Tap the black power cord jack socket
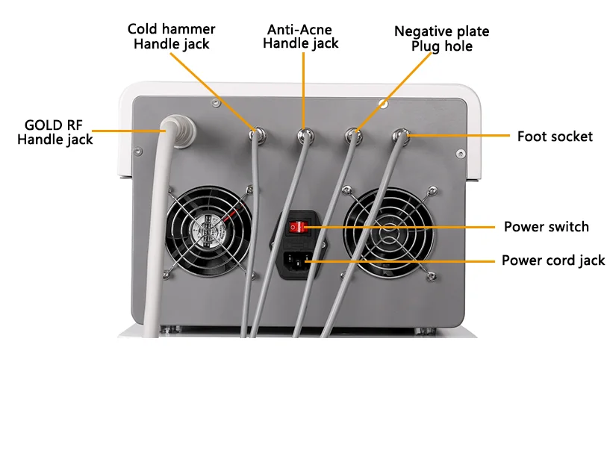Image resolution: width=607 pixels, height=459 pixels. coord(298,261)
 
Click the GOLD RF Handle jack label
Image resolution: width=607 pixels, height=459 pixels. coord(55,132)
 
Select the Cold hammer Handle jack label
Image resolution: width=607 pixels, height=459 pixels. coord(172,37)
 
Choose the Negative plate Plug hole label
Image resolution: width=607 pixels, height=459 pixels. coord(442,39)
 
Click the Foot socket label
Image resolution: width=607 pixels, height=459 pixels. coord(555,137)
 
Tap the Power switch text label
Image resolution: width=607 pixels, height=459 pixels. coord(547,227)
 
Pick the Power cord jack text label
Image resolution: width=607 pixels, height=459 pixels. coord(553,260)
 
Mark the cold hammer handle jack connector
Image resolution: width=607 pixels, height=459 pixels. coord(258,135)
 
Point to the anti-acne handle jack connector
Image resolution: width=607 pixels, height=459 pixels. coord(305,135)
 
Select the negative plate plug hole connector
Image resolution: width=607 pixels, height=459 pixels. coord(352,135)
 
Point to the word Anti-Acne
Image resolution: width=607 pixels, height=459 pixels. coord(299,30)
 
